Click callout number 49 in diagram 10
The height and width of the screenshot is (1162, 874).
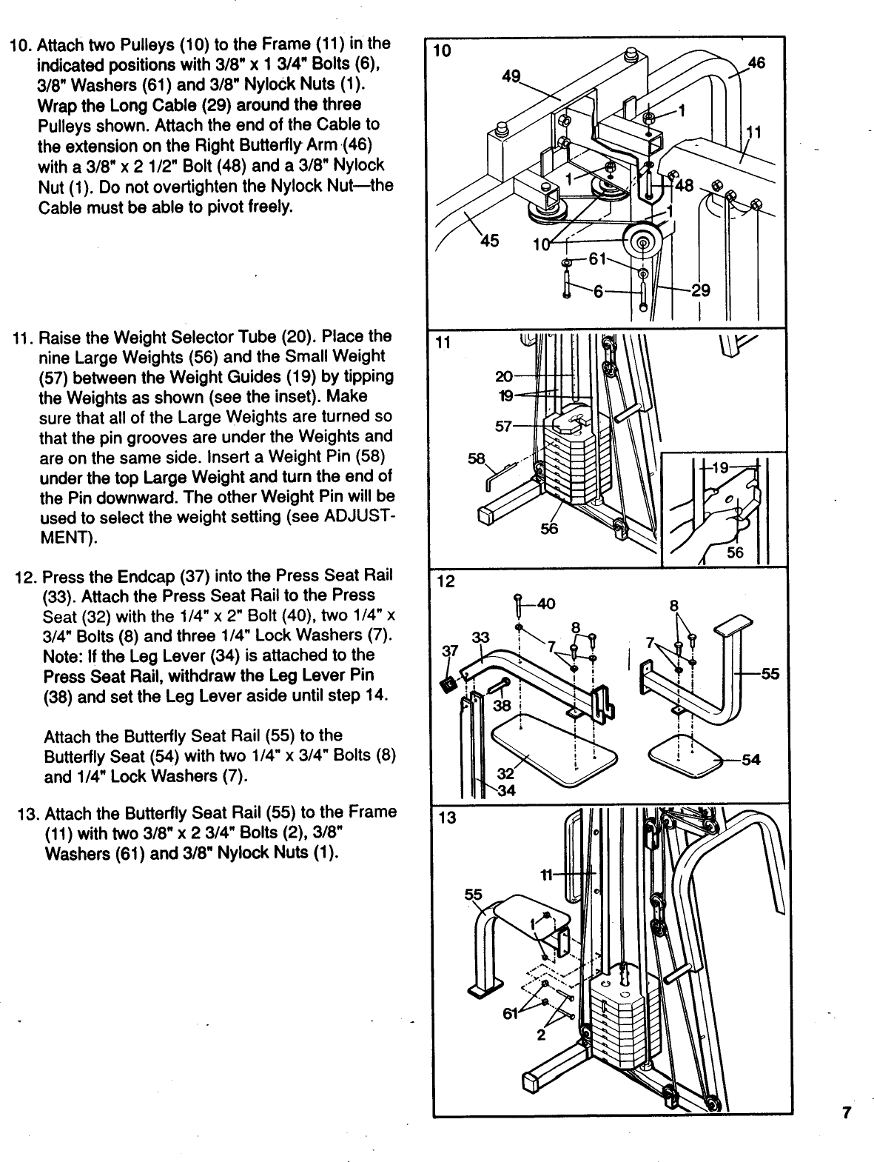click(x=510, y=76)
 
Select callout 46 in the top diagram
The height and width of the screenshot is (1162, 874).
click(x=756, y=64)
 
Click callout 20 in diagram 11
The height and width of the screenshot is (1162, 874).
click(x=503, y=375)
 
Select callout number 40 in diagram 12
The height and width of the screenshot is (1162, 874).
click(x=546, y=604)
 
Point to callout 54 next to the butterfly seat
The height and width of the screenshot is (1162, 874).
click(x=751, y=760)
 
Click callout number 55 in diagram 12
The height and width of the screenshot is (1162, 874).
click(x=770, y=674)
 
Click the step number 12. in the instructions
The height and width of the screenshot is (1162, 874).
click(x=26, y=576)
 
